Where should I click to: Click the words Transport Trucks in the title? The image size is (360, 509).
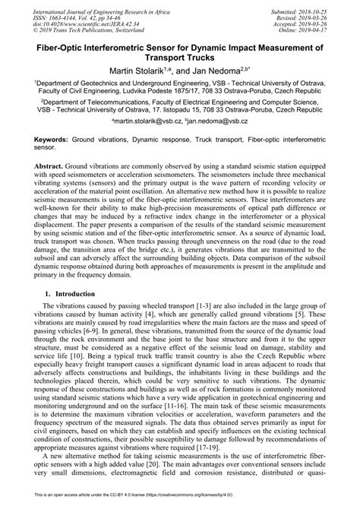180,57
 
